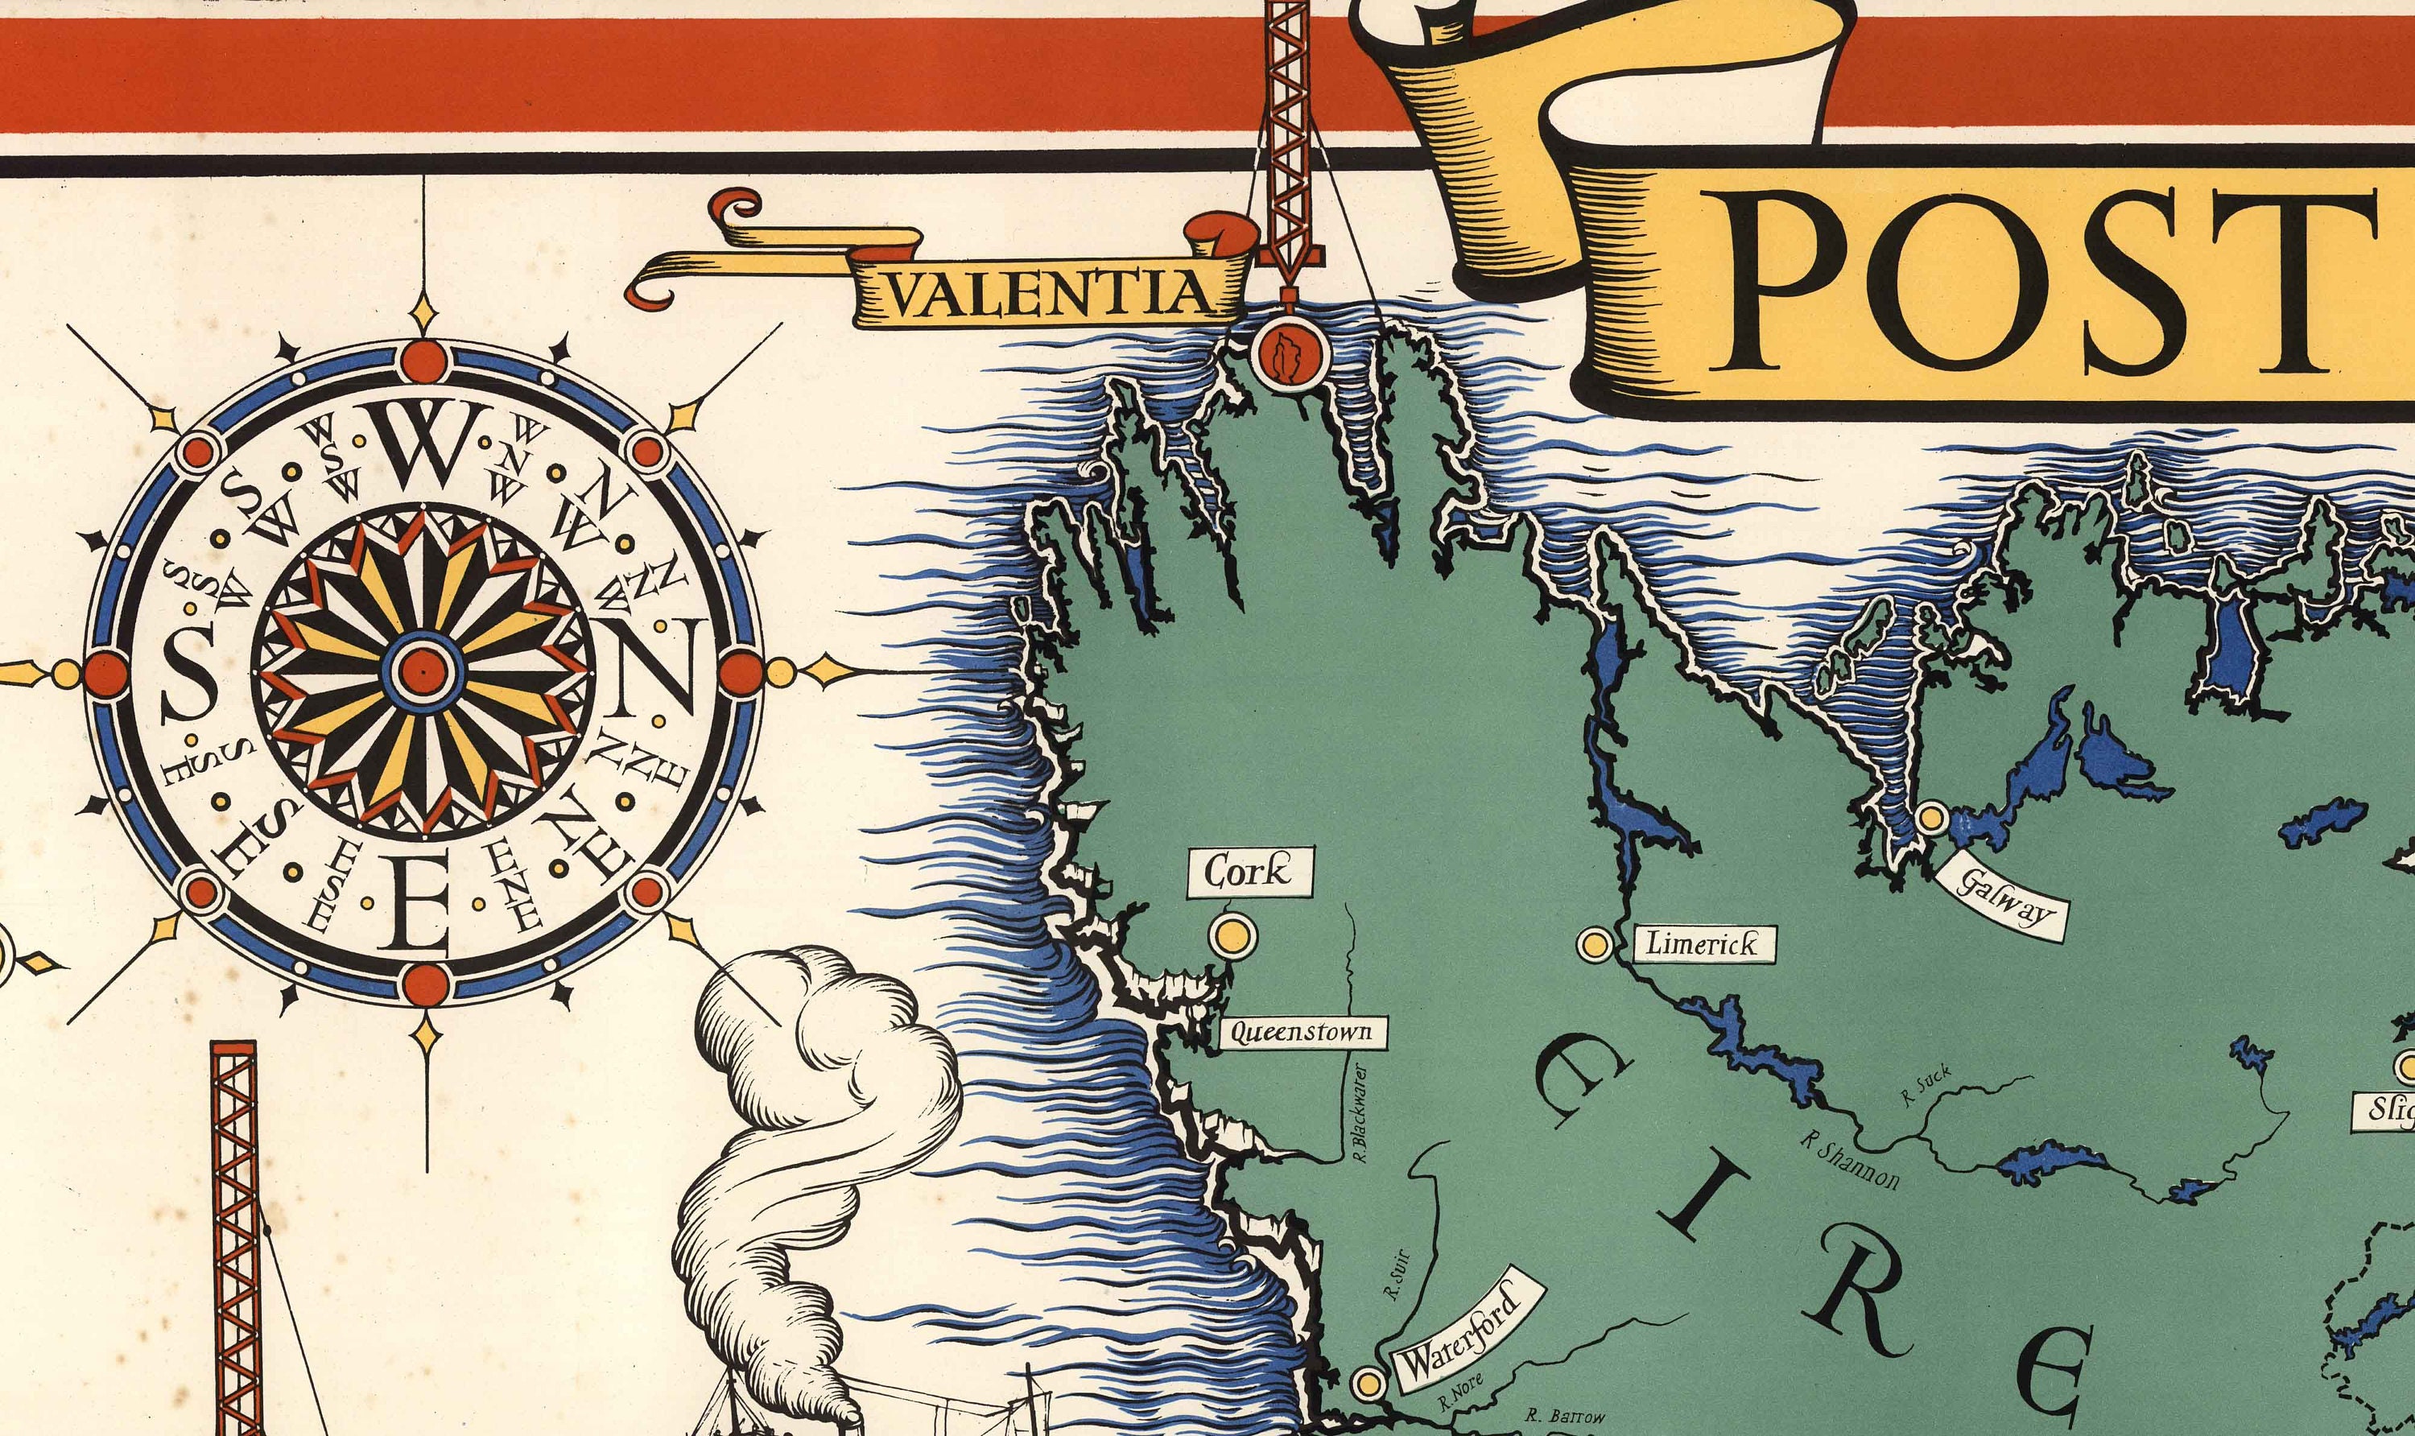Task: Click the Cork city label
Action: (1249, 872)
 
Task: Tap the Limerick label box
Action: (1702, 943)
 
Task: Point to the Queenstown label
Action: (1300, 1033)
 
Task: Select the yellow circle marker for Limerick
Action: (1595, 943)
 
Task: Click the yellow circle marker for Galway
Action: (1932, 818)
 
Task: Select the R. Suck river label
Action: (1926, 1086)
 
